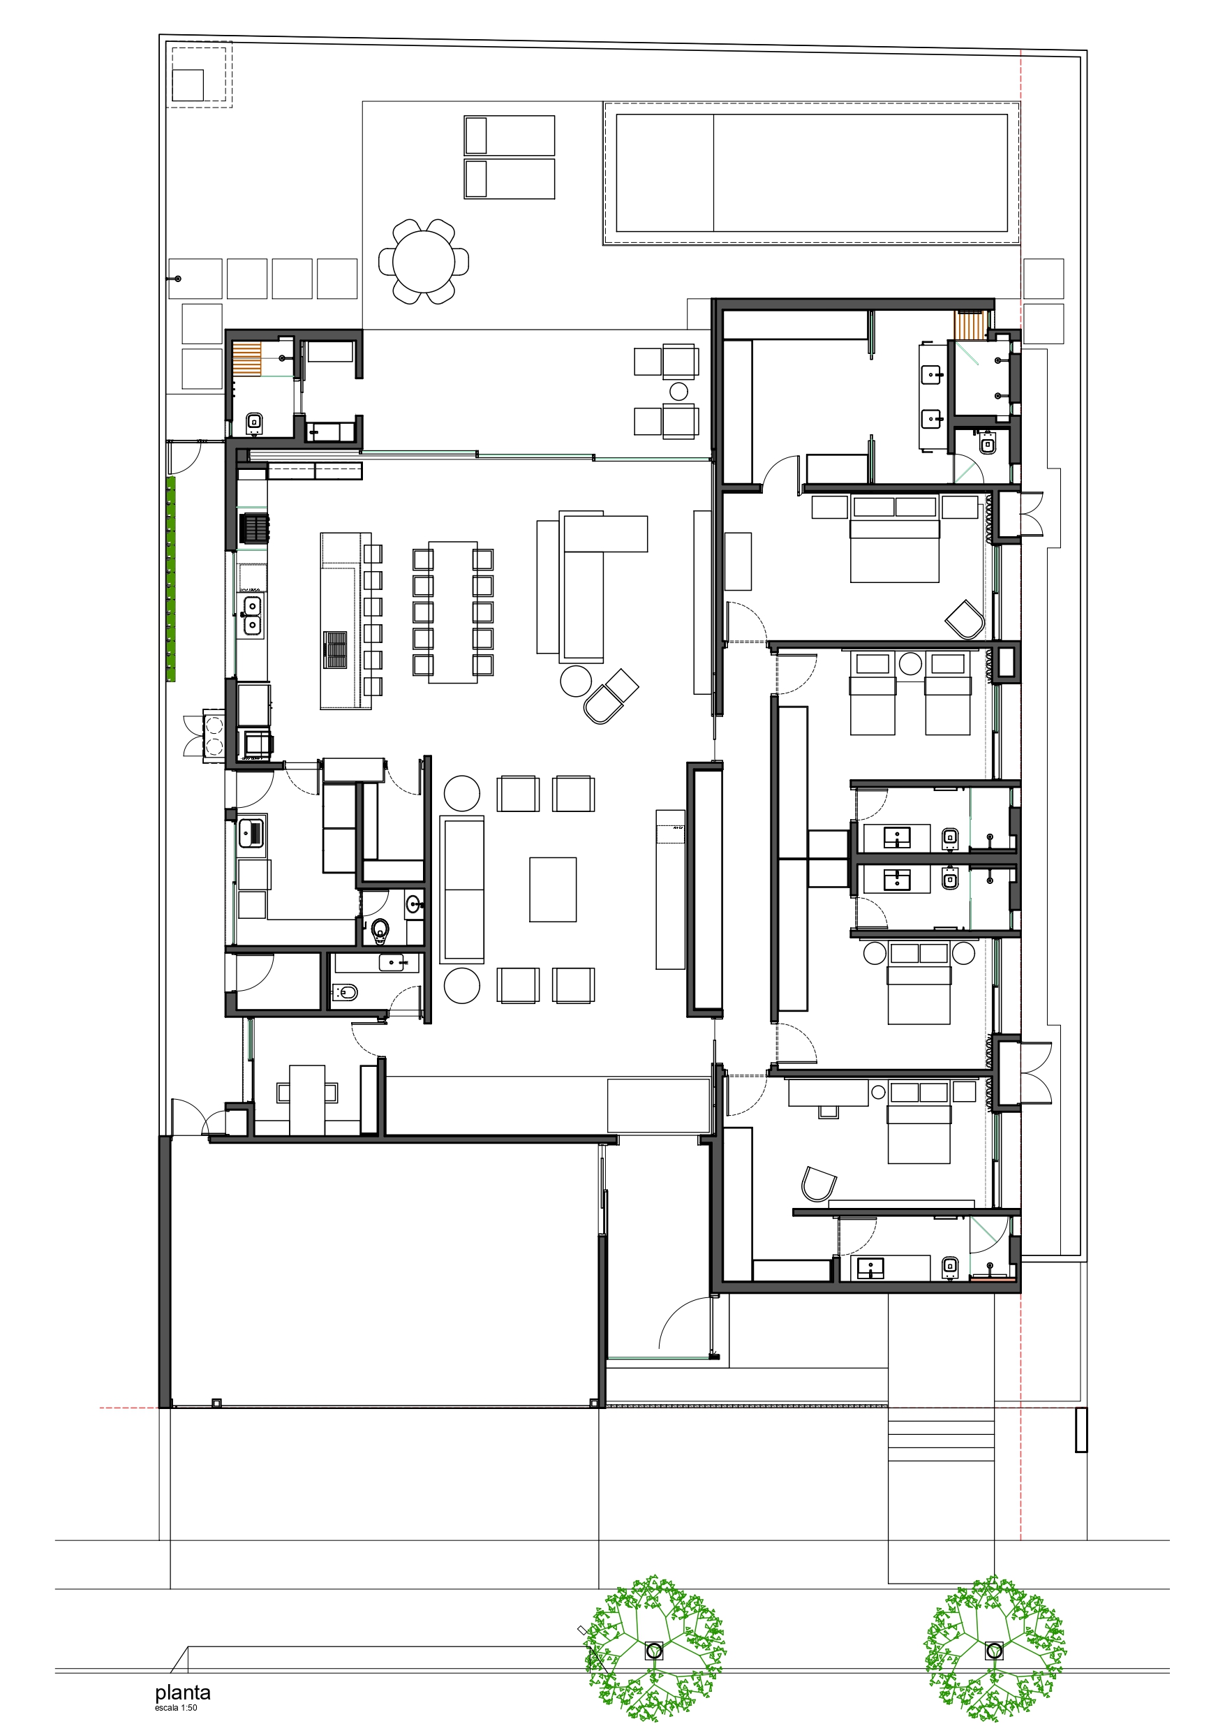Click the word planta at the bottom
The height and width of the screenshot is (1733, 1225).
tap(183, 1692)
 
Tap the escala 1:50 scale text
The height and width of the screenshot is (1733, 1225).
tap(176, 1707)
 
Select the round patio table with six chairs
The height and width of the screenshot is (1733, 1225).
tap(424, 262)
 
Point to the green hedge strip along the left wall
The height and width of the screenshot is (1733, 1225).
tap(171, 579)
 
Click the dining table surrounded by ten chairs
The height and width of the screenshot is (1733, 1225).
tap(453, 612)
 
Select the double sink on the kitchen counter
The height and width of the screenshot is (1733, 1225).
tap(251, 614)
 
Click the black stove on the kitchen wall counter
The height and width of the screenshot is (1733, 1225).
tap(254, 528)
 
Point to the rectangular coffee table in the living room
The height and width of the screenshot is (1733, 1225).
tap(553, 889)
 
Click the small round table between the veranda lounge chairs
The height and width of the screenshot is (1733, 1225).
tap(679, 391)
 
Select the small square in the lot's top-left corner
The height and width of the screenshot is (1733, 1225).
tap(188, 84)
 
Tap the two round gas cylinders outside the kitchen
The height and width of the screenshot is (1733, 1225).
tap(214, 735)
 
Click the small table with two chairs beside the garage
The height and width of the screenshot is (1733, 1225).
tap(307, 1098)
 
